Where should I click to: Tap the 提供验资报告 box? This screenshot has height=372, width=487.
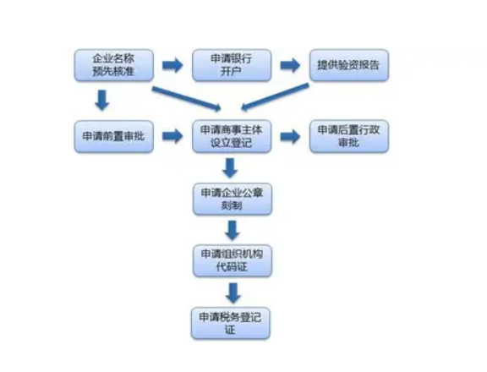[x=348, y=65]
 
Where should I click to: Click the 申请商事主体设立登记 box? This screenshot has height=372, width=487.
[x=231, y=135]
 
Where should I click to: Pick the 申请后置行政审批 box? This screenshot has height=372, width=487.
[x=348, y=135]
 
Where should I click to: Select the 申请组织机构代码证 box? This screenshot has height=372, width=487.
[x=231, y=260]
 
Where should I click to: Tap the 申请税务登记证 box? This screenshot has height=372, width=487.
[x=231, y=322]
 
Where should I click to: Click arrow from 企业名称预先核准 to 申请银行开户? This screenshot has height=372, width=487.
[x=172, y=65]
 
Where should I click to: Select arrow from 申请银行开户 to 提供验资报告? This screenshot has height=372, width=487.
[x=291, y=65]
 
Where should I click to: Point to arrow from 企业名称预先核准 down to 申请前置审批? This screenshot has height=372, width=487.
[x=102, y=101]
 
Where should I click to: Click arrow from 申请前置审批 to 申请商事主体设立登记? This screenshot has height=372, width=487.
[x=172, y=135]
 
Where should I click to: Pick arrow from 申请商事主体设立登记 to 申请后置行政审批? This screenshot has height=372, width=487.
[x=290, y=135]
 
